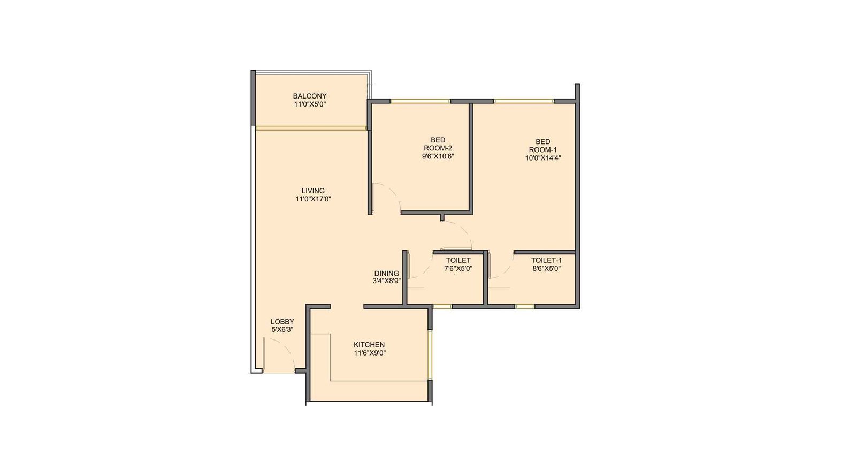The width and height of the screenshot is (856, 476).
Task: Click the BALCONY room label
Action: [x=309, y=96]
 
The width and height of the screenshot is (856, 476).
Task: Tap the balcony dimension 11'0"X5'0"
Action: [x=309, y=104]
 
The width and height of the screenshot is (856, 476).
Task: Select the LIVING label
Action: [x=313, y=191]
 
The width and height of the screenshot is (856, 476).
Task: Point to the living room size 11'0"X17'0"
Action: [x=313, y=199]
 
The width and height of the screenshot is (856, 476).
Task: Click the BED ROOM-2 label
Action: [x=438, y=144]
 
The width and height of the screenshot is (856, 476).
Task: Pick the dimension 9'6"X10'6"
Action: [x=438, y=156]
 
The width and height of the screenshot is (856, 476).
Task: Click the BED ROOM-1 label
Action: [x=542, y=146]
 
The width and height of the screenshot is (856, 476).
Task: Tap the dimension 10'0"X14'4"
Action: [x=542, y=158]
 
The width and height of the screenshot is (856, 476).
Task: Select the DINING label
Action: [x=386, y=273]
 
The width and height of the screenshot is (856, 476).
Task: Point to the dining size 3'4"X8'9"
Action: [x=386, y=281]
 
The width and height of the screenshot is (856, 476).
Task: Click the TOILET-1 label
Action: [x=546, y=260]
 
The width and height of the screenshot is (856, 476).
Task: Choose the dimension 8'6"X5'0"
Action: [x=546, y=268]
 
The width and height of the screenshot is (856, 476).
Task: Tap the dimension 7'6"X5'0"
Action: [x=458, y=268]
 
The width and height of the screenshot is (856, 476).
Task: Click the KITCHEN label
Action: [x=369, y=345]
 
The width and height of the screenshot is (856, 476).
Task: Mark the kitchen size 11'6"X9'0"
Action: [x=369, y=353]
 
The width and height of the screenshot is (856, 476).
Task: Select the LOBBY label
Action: [x=282, y=322]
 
